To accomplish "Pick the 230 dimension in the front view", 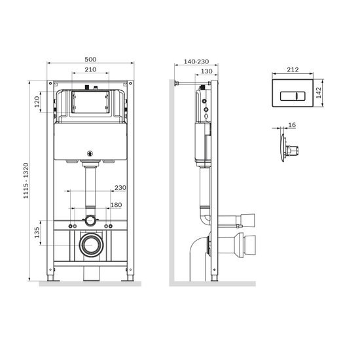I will click(120, 188).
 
